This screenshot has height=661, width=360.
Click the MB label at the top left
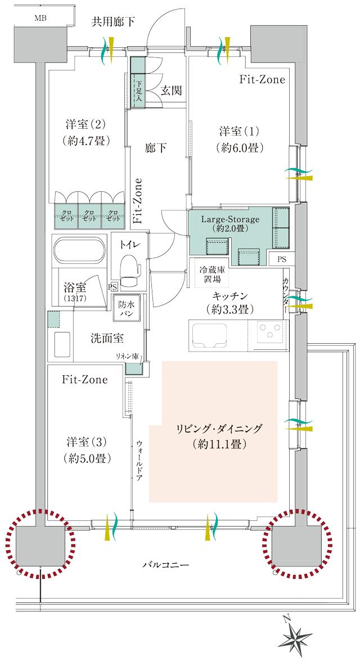pyautogui.click(x=40, y=18)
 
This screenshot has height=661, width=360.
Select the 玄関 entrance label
pyautogui.click(x=171, y=91)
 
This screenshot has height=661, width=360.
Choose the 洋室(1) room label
pyautogui.click(x=238, y=140)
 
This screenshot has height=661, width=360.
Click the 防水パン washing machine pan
pyautogui.click(x=127, y=309)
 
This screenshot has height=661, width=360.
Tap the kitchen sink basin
pyautogui.click(x=211, y=335)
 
